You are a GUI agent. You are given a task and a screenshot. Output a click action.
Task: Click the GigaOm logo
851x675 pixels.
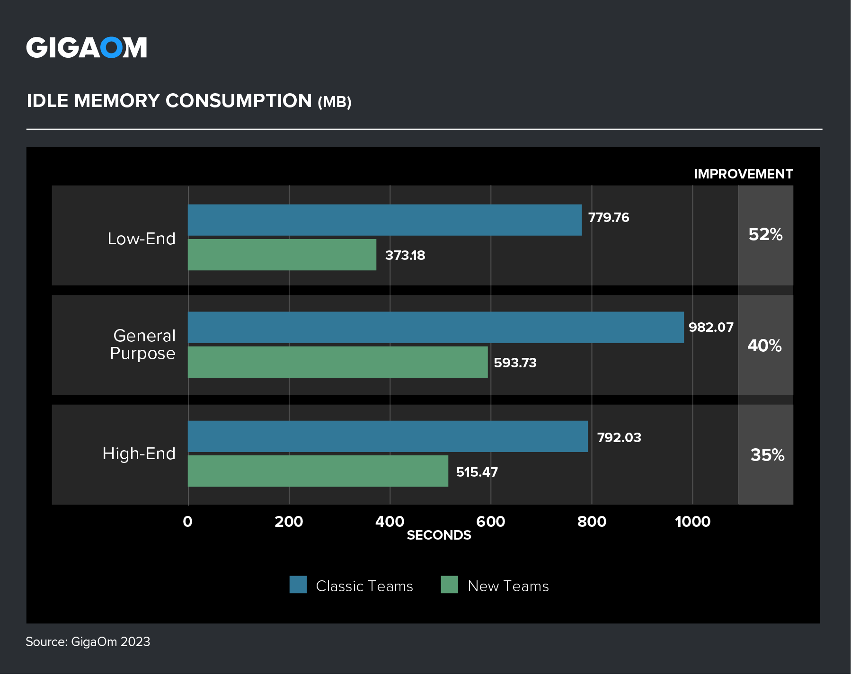point(87,48)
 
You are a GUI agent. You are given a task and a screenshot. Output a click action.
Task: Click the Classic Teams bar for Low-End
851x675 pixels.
point(384,220)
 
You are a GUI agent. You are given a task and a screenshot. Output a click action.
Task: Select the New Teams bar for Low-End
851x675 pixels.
point(282,255)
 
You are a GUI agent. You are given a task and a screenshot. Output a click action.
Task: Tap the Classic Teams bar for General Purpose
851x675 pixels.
point(435,327)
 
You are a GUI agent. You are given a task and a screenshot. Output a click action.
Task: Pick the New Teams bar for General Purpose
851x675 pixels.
point(337,362)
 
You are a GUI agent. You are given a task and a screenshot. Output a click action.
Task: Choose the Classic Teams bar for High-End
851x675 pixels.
point(388,436)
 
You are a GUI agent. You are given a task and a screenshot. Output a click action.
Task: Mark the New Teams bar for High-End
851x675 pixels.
point(318,471)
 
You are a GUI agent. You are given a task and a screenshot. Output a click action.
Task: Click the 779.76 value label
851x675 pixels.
point(609,218)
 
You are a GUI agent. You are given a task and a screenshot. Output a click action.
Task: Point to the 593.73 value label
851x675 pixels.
point(515,363)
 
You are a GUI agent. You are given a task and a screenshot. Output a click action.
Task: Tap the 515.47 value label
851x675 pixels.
point(477,472)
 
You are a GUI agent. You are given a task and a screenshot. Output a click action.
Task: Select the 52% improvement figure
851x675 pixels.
point(765,235)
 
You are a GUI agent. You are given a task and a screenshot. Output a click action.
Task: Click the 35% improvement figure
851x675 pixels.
point(767,455)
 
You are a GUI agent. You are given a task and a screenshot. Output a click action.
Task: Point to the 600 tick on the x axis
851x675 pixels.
point(490,522)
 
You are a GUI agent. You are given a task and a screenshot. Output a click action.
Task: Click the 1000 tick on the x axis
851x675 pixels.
point(692,522)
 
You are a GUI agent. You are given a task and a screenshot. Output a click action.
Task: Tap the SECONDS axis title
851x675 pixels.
point(439,535)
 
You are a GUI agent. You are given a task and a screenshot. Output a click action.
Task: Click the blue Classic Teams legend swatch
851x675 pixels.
point(298,585)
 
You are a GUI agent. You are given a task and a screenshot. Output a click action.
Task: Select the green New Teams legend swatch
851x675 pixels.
point(449,585)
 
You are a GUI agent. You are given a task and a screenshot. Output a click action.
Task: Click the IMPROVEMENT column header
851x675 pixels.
point(743,174)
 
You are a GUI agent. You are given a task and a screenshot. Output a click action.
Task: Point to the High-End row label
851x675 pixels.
point(139,454)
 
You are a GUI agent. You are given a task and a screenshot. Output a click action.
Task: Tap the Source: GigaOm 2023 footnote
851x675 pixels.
point(88,642)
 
